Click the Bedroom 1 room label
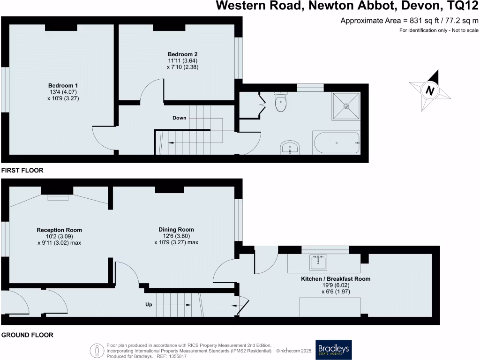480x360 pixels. tap(63, 85)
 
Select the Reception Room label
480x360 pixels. tap(59, 230)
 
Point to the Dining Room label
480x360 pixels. tap(176, 230)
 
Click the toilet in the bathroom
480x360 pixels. tap(281, 103)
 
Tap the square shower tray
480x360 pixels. tap(346, 106)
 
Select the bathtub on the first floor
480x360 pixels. tap(336, 143)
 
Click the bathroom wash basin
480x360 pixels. tap(290, 148)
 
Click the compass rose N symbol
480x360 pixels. tap(429, 90)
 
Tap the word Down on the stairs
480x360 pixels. tap(179, 118)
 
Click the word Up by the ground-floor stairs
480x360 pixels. tap(149, 305)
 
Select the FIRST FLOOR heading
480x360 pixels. tap(22, 171)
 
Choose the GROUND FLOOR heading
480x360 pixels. tap(27, 335)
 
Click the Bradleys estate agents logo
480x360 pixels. tap(333, 350)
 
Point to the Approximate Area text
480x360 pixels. tap(409, 21)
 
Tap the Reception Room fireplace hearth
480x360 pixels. tap(58, 197)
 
